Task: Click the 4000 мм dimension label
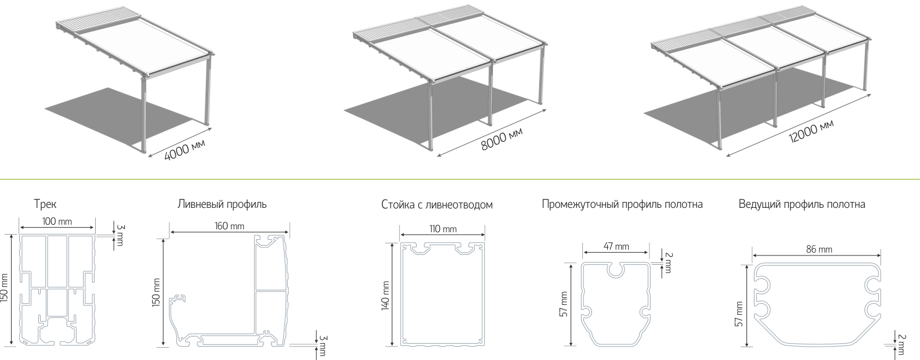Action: click(x=185, y=150)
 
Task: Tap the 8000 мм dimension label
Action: click(x=502, y=139)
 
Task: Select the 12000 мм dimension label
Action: click(x=811, y=130)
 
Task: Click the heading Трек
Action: click(x=45, y=204)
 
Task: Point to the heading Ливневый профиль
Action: click(x=222, y=204)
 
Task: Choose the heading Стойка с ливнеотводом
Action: click(x=437, y=204)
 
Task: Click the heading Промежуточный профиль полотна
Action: click(x=622, y=204)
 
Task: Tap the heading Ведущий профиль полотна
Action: click(x=802, y=204)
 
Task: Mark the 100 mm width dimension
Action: click(x=57, y=222)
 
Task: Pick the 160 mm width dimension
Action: click(x=229, y=226)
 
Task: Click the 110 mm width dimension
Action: click(x=443, y=229)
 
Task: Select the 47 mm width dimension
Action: click(x=616, y=247)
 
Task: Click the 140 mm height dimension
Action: click(x=385, y=296)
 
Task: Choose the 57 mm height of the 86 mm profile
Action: click(x=739, y=314)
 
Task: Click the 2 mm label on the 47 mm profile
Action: click(x=669, y=263)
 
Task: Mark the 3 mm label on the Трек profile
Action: click(x=120, y=235)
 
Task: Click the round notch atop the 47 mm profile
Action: click(x=616, y=271)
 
